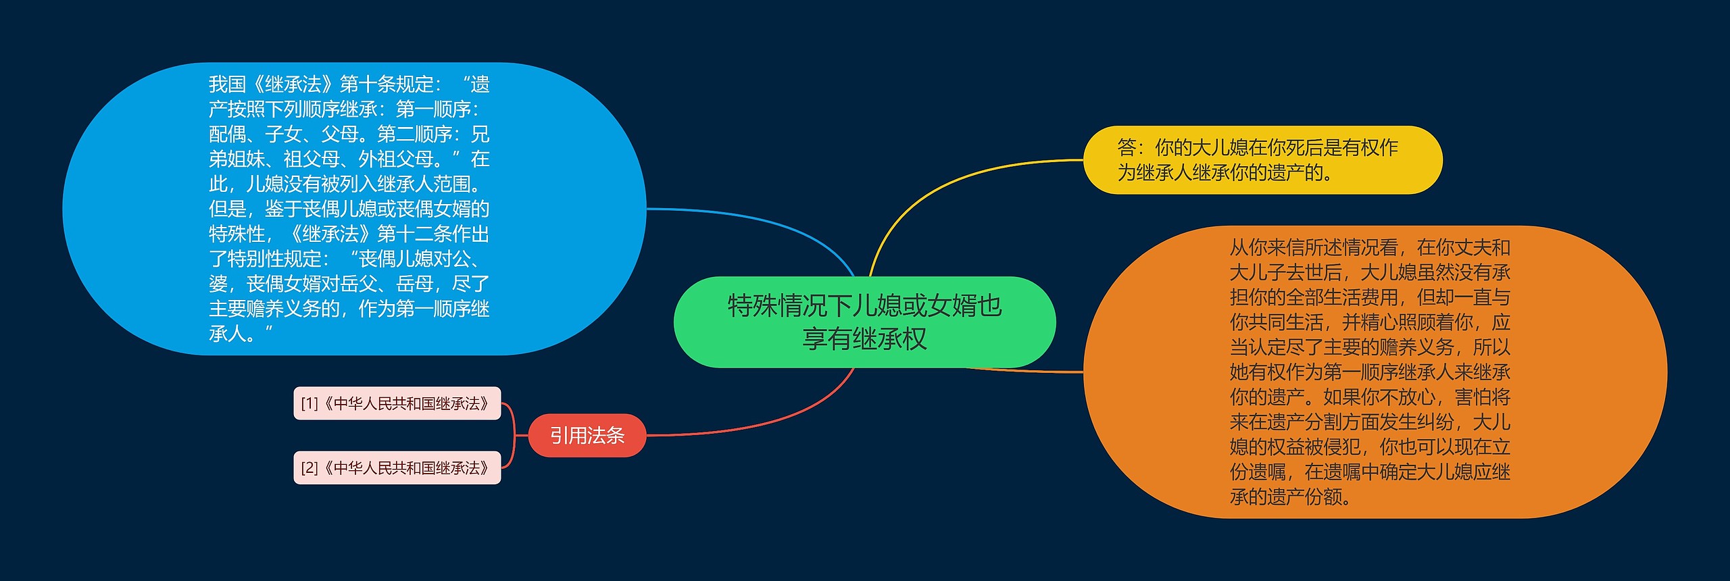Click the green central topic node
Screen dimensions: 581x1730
pyautogui.click(x=864, y=322)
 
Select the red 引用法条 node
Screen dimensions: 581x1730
pyautogui.click(x=587, y=436)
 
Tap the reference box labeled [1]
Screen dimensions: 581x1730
pyautogui.click(x=397, y=403)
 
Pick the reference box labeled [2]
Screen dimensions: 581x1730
pyautogui.click(x=397, y=468)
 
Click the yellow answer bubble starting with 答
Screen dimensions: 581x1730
pyautogui.click(x=1262, y=160)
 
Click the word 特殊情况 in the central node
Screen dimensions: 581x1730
pyautogui.click(x=777, y=306)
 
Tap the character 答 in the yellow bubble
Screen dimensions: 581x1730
pyautogui.click(x=1127, y=147)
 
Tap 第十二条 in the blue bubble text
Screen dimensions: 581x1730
pyautogui.click(x=414, y=234)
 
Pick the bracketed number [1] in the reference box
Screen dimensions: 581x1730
pyautogui.click(x=309, y=403)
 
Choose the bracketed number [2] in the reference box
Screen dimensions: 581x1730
pyautogui.click(x=309, y=468)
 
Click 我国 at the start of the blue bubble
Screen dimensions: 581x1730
pyautogui.click(x=227, y=84)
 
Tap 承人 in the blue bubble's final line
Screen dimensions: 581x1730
pyautogui.click(x=227, y=334)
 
